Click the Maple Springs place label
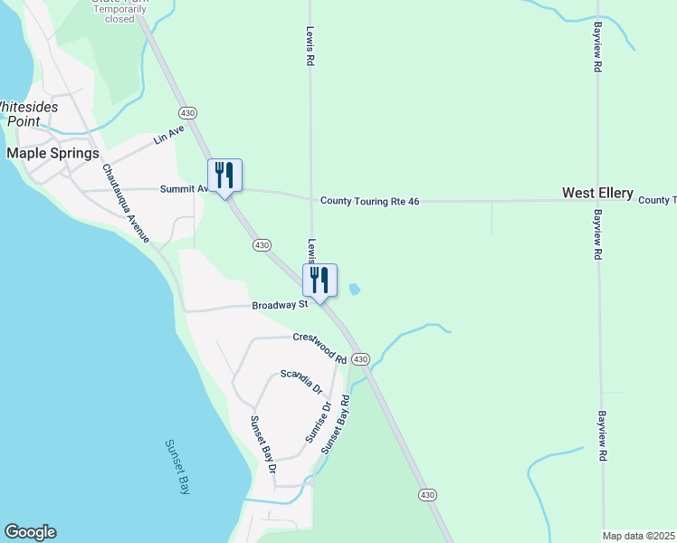52,153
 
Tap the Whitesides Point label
30,113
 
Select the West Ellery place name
597,193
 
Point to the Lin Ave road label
168,135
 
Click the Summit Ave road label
185,189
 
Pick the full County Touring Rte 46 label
370,201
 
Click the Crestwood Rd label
319,348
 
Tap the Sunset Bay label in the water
177,466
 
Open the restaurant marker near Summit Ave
225,176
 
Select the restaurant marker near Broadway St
320,281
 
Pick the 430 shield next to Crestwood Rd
360,359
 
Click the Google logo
30,532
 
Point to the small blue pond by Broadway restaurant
354,290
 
